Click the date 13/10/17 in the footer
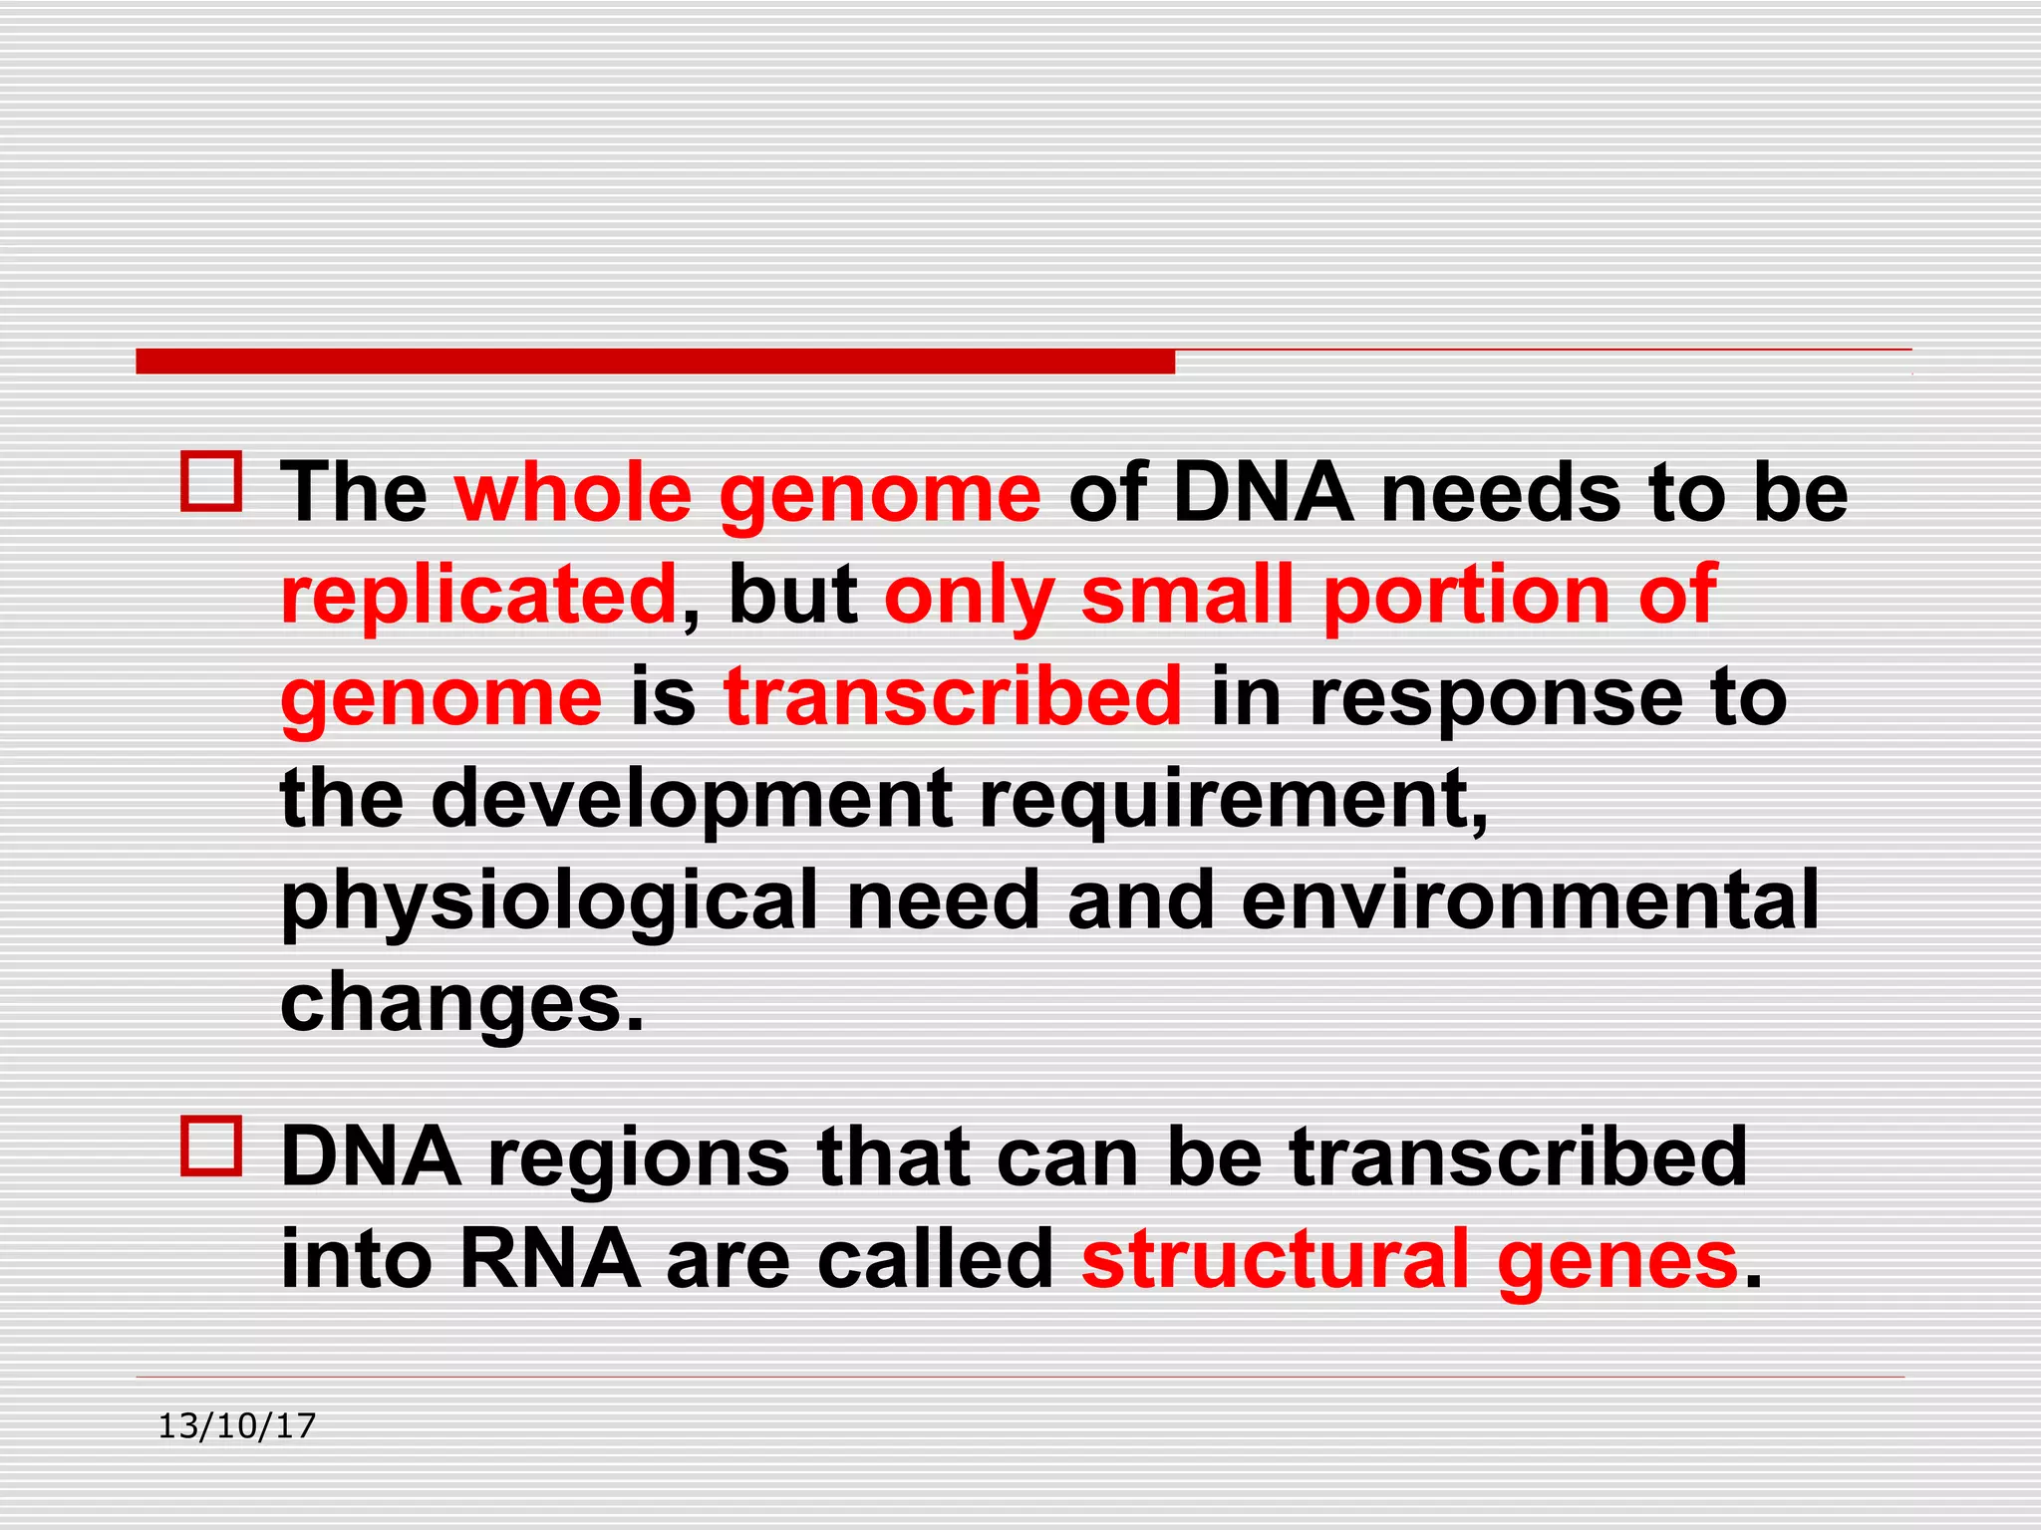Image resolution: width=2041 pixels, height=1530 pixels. point(236,1426)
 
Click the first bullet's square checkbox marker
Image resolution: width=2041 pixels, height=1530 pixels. point(211,482)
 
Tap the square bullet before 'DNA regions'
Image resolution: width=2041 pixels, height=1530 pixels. point(211,1147)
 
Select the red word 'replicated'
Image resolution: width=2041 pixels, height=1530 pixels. point(479,595)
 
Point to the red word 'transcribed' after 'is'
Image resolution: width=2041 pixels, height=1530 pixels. point(953,696)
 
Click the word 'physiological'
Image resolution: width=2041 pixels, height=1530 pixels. point(549,901)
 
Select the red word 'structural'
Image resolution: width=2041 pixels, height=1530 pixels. point(1276,1259)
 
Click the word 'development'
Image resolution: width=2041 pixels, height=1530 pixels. point(692,799)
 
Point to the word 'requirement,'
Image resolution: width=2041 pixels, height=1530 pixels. point(1234,799)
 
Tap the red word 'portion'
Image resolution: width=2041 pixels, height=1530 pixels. point(1466,597)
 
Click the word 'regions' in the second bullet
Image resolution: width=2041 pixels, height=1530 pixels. point(639,1158)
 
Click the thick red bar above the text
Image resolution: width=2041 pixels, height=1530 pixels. point(655,362)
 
